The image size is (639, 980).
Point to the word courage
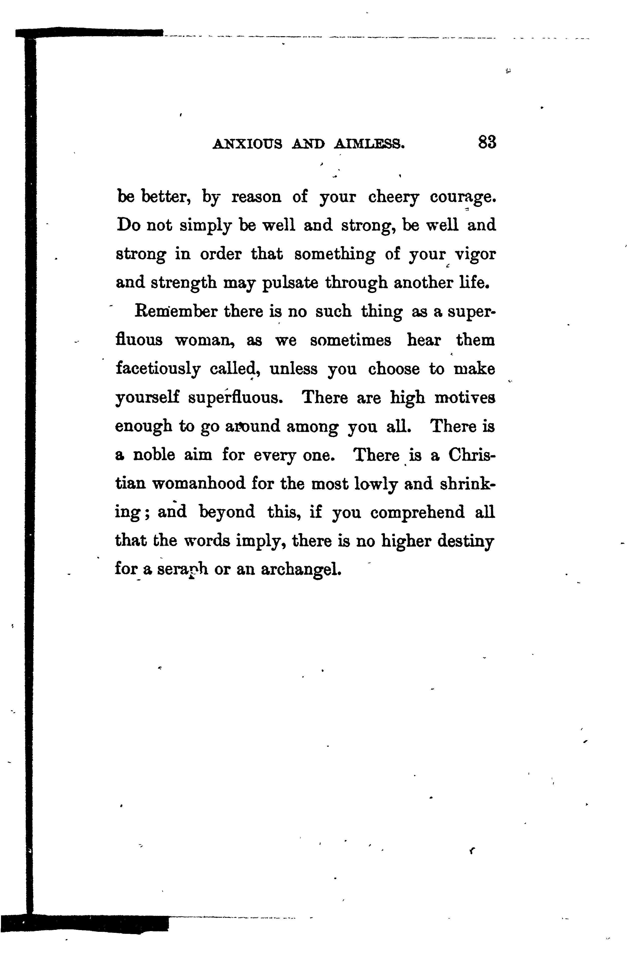click(462, 198)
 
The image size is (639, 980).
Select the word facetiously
click(158, 369)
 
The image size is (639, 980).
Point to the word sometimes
click(350, 341)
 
